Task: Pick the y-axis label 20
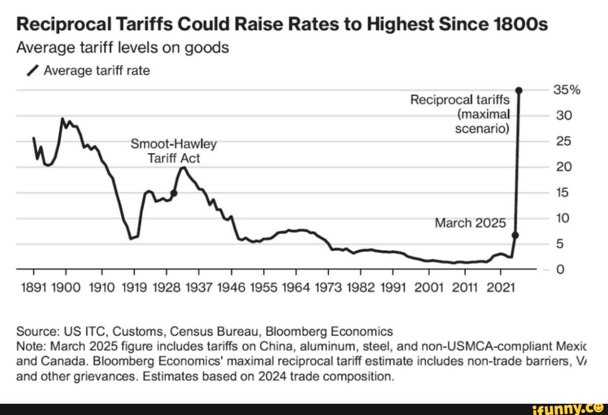(564, 167)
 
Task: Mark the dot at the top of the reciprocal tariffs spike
(519, 90)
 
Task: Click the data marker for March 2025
(515, 235)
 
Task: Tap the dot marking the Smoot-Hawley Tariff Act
(174, 193)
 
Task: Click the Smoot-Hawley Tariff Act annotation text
(173, 151)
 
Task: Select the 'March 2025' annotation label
(470, 224)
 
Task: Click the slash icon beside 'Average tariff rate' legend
(33, 71)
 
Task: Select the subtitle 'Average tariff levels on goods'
(122, 48)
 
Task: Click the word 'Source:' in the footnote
(35, 331)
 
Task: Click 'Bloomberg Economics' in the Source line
(329, 331)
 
